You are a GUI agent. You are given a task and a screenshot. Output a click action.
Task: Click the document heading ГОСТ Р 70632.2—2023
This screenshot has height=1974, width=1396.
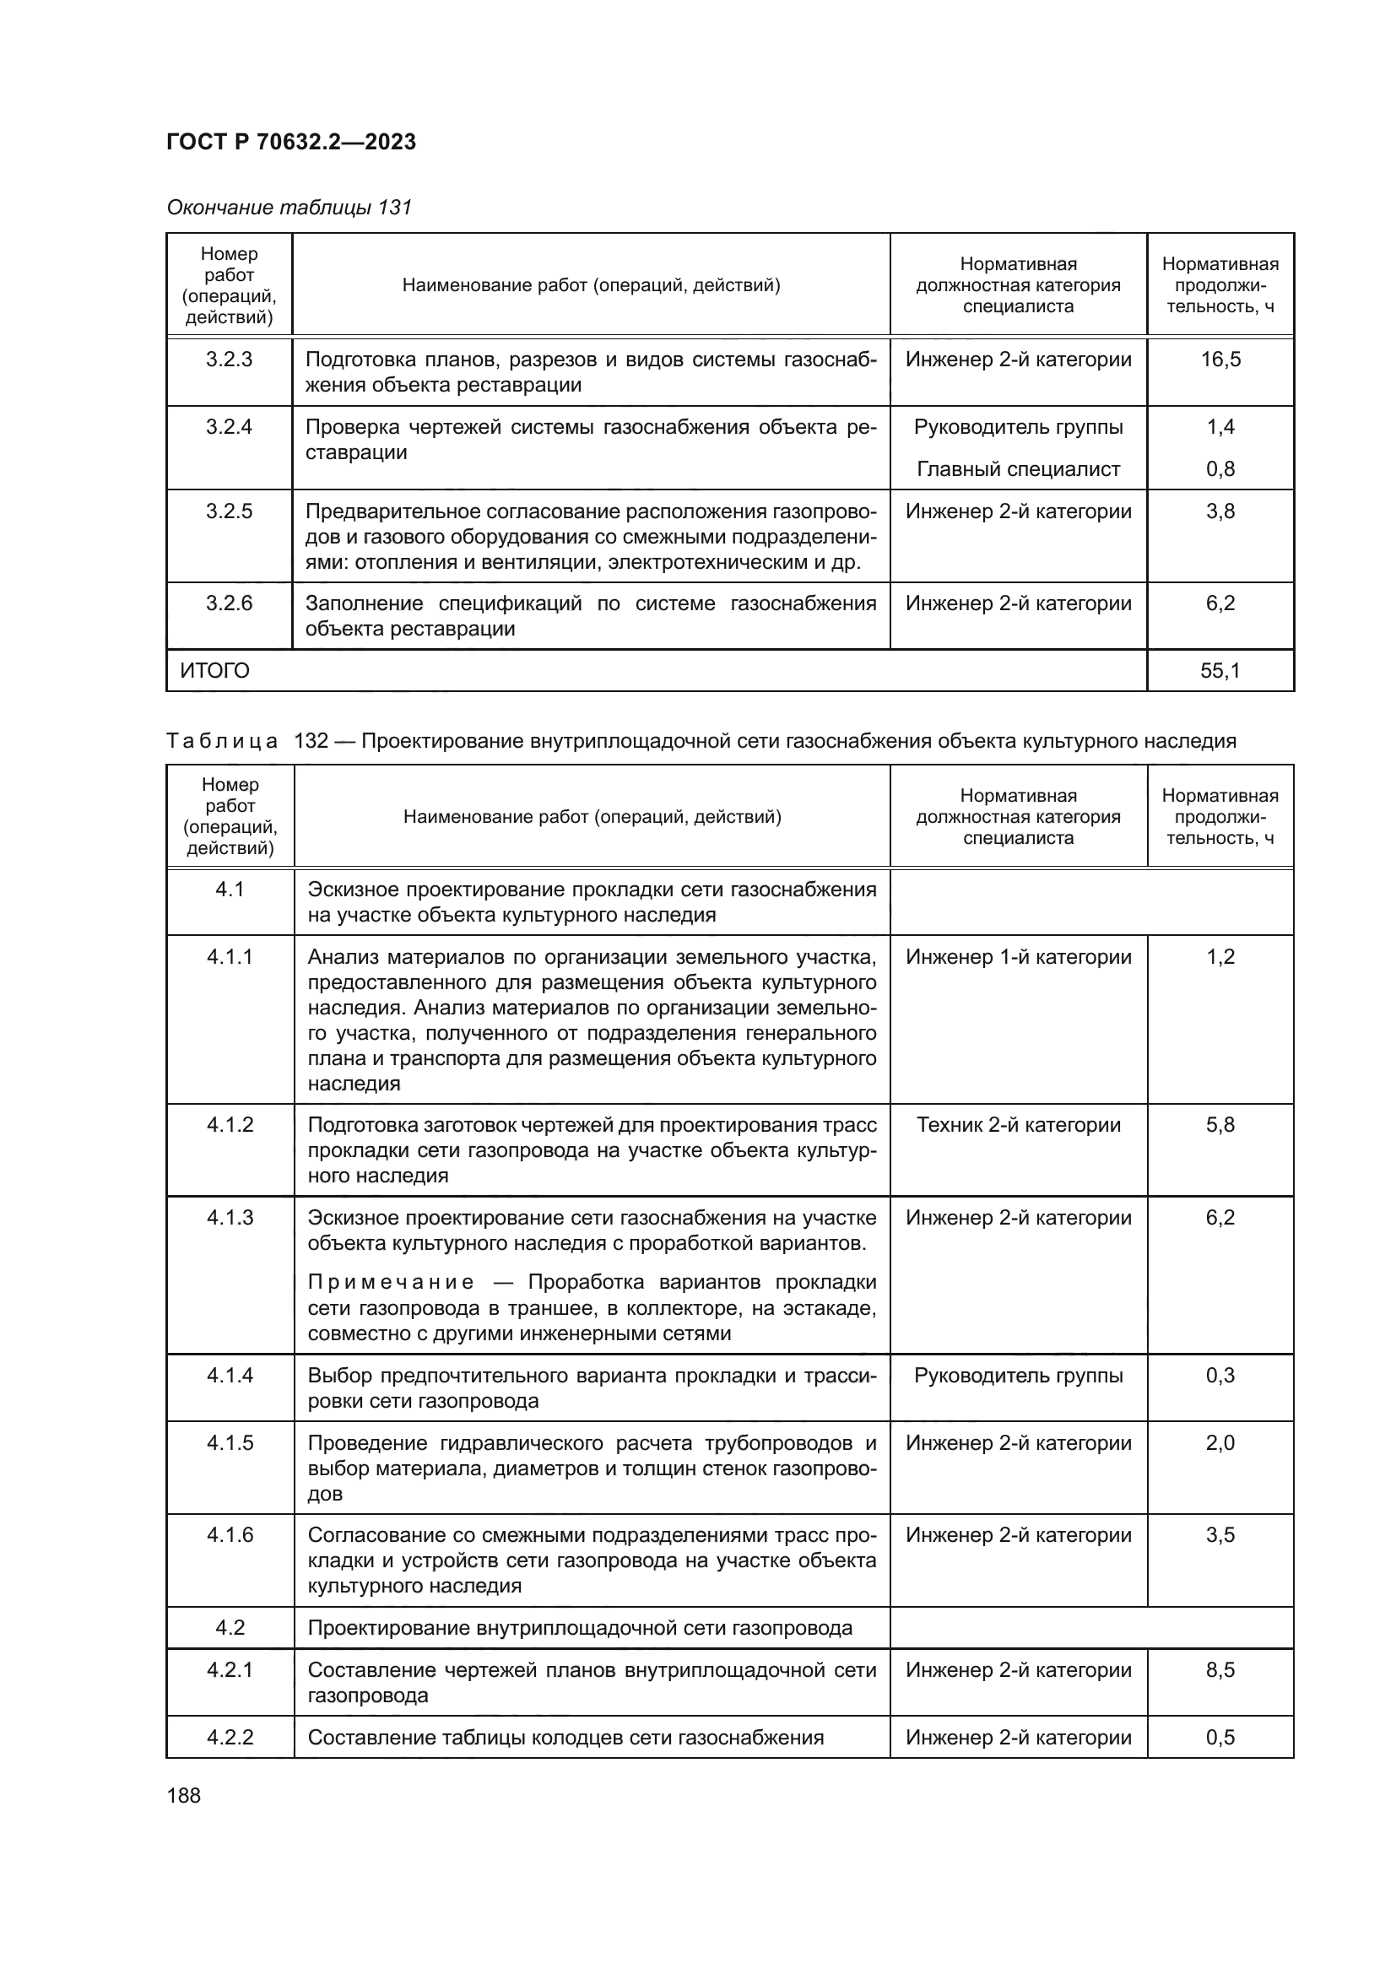coord(290,142)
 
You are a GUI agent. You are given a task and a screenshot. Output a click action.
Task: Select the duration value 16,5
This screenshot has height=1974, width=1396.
coord(1220,360)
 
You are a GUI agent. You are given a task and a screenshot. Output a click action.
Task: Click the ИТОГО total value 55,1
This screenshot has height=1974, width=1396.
coord(1220,671)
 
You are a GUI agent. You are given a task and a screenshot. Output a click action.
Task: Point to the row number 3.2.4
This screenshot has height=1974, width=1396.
coord(229,426)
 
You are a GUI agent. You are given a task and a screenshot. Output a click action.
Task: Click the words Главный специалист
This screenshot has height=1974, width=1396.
coord(1018,468)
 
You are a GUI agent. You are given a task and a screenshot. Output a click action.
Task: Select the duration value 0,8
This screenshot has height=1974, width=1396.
coord(1220,468)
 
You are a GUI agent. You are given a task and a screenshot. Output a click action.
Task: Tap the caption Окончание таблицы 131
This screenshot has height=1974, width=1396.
coord(289,208)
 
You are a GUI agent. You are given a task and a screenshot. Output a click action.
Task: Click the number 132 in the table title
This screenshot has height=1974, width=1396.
coord(311,740)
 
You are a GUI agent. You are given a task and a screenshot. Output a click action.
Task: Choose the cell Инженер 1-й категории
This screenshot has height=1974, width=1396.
coord(1018,957)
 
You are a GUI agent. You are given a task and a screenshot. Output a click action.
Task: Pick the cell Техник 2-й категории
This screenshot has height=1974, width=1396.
coord(1018,1124)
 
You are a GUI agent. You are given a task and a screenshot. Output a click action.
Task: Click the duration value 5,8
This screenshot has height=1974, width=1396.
coord(1220,1124)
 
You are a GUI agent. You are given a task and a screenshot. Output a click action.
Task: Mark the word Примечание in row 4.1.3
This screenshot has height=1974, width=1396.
coord(390,1283)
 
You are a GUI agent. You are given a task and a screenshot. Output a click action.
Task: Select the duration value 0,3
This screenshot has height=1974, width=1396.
coord(1220,1375)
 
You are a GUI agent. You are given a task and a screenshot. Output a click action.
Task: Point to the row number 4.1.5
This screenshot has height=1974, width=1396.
coord(230,1442)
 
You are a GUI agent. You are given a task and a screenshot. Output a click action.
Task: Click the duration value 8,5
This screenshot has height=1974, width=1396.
coord(1220,1669)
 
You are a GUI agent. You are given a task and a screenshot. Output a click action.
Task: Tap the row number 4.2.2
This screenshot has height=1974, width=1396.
coord(230,1737)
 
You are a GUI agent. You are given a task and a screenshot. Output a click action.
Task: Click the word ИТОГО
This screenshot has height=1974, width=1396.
coord(214,671)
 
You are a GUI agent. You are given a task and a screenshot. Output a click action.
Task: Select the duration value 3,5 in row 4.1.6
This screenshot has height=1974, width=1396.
coord(1220,1534)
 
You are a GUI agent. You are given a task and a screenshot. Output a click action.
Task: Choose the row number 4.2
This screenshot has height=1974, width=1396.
coord(230,1627)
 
